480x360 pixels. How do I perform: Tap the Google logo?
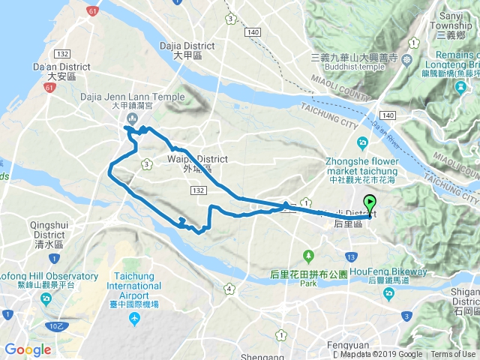click(x=28, y=350)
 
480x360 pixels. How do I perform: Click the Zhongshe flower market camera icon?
click(x=363, y=142)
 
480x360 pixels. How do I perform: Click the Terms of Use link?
click(x=453, y=355)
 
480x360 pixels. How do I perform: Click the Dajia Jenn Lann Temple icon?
click(x=132, y=118)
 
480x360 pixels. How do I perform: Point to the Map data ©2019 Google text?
click(x=381, y=355)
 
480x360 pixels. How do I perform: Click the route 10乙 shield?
click(x=54, y=325)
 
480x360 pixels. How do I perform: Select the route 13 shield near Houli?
click(x=351, y=257)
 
